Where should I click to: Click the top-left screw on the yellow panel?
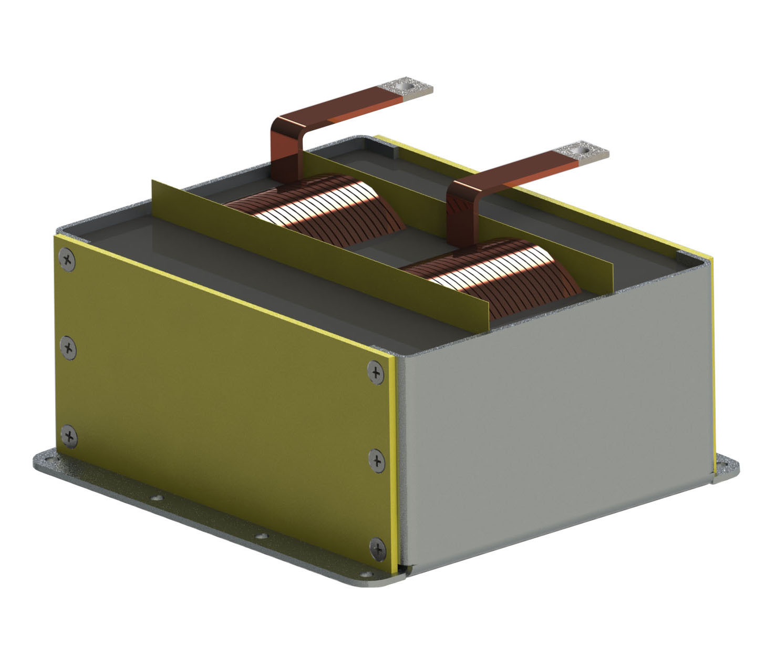click(67, 260)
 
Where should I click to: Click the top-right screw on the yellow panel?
click(375, 373)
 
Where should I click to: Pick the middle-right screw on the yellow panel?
click(376, 460)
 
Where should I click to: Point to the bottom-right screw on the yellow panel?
click(377, 548)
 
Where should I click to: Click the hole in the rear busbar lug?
click(405, 84)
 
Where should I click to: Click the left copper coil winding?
click(315, 210)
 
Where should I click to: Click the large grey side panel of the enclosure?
click(557, 410)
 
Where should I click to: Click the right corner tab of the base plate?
click(728, 468)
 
